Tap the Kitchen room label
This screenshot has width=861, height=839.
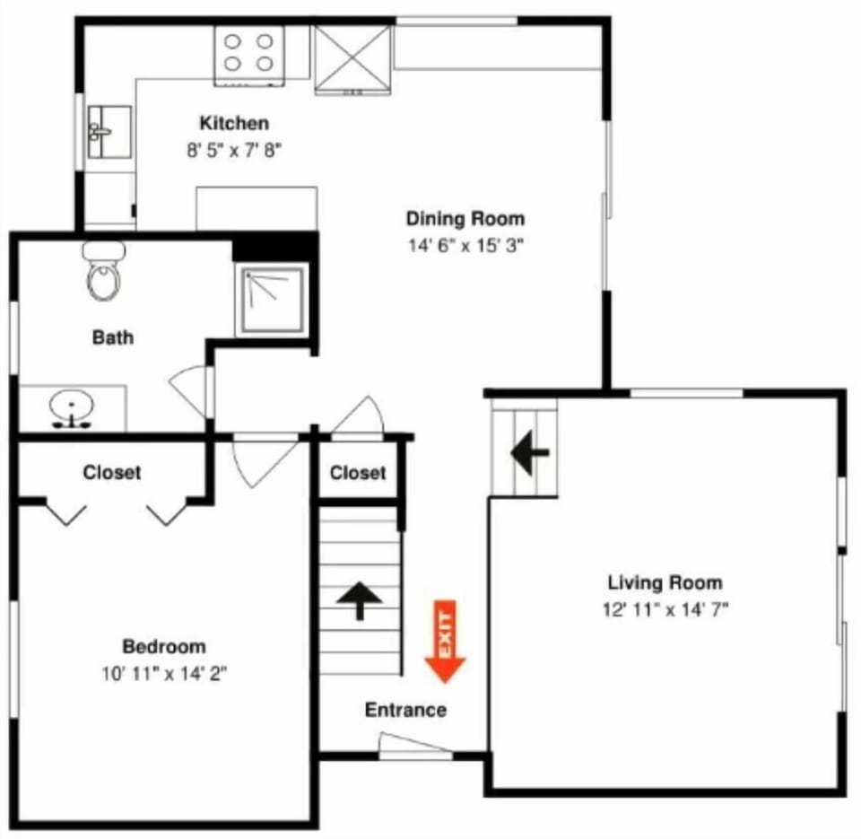pyautogui.click(x=233, y=124)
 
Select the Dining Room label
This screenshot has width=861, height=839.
pyautogui.click(x=465, y=218)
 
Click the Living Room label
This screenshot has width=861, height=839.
pyautogui.click(x=665, y=583)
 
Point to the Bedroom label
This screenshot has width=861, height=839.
pyautogui.click(x=164, y=646)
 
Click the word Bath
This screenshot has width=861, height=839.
pyautogui.click(x=113, y=337)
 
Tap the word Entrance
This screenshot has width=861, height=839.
pyautogui.click(x=405, y=710)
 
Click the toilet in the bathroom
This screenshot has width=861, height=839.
pyautogui.click(x=103, y=272)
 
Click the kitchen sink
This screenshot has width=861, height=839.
pyautogui.click(x=109, y=132)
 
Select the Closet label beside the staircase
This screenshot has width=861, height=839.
pyautogui.click(x=358, y=473)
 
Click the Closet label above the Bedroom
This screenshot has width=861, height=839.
pyautogui.click(x=112, y=472)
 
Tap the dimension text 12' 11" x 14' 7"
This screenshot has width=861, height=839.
pyautogui.click(x=665, y=610)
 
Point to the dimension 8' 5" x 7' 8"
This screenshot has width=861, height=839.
pyautogui.click(x=234, y=151)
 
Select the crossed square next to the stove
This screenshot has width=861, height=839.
pyautogui.click(x=352, y=58)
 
